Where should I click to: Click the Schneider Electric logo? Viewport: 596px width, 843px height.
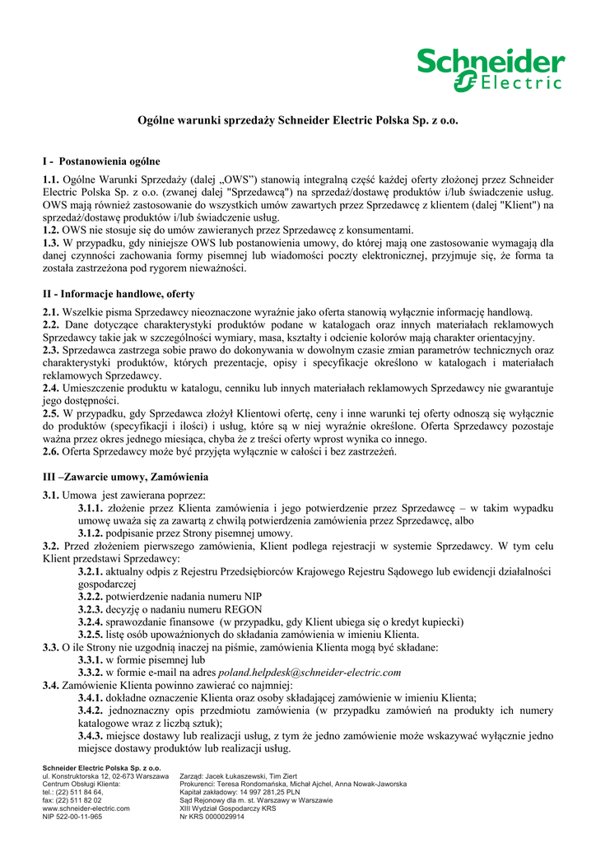pyautogui.click(x=490, y=68)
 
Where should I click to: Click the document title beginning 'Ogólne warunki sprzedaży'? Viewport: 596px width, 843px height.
pyautogui.click(x=296, y=120)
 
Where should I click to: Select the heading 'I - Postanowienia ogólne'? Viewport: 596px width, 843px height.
pyautogui.click(x=101, y=161)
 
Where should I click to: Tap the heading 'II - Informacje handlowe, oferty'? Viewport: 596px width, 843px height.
pyautogui.click(x=119, y=293)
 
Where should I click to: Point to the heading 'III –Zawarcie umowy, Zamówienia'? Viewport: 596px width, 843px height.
pyautogui.click(x=126, y=477)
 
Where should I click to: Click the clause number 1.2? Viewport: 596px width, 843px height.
pyautogui.click(x=51, y=230)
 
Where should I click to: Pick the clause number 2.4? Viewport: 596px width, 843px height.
pyautogui.click(x=51, y=388)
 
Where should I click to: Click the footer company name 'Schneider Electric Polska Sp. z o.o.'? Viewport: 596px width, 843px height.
pyautogui.click(x=101, y=767)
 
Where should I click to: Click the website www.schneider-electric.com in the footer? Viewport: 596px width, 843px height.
pyautogui.click(x=86, y=808)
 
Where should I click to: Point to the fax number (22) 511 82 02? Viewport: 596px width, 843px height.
pyautogui.click(x=81, y=800)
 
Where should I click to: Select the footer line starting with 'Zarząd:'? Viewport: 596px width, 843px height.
pyautogui.click(x=238, y=775)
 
